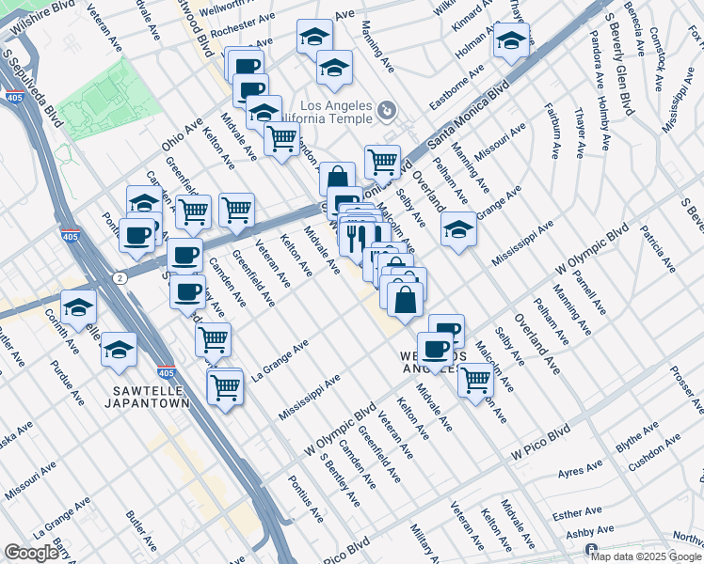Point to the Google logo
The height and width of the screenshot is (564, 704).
click(31, 553)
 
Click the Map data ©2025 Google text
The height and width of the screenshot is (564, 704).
click(646, 556)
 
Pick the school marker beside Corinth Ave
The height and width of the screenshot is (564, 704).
click(79, 306)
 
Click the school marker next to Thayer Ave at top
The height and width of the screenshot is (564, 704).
click(511, 39)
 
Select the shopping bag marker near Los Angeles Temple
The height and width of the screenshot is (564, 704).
click(337, 179)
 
